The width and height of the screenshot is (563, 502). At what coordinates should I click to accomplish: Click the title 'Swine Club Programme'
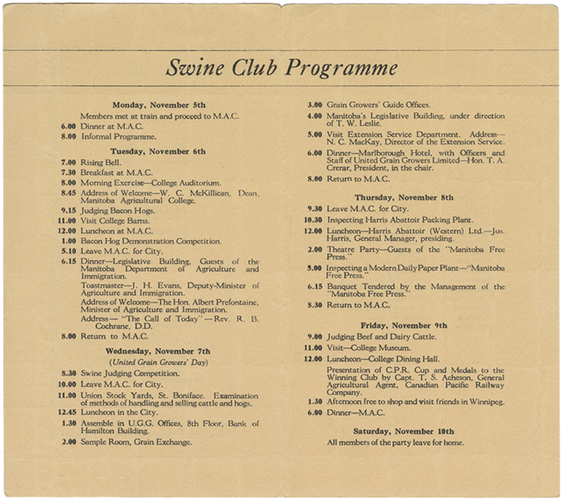281,68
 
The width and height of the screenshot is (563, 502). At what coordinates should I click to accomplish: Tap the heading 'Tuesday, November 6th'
158,151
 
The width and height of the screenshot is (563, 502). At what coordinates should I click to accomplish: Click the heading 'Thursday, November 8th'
405,197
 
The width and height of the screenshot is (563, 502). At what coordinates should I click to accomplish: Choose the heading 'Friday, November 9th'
405,324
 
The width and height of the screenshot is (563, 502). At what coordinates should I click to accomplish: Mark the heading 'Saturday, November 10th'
404,432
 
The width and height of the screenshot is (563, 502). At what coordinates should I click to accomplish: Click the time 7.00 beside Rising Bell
68,163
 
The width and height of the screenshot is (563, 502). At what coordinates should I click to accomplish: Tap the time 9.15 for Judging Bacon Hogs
68,209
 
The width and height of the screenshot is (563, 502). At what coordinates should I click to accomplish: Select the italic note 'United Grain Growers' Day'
158,361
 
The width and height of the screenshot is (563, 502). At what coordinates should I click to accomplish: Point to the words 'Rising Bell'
101,163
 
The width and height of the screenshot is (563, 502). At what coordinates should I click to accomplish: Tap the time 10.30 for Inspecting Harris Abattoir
313,220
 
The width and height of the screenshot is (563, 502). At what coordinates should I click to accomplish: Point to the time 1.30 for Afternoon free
314,402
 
